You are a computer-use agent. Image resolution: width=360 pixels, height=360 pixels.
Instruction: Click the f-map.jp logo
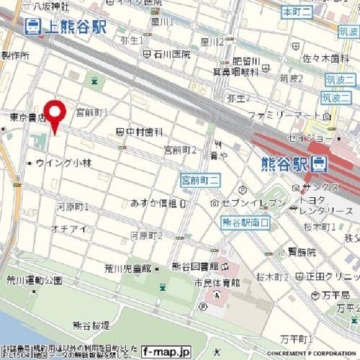pyautogui.click(x=167, y=351)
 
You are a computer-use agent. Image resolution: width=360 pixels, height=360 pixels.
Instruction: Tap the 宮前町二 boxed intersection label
pyautogui.click(x=199, y=180)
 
